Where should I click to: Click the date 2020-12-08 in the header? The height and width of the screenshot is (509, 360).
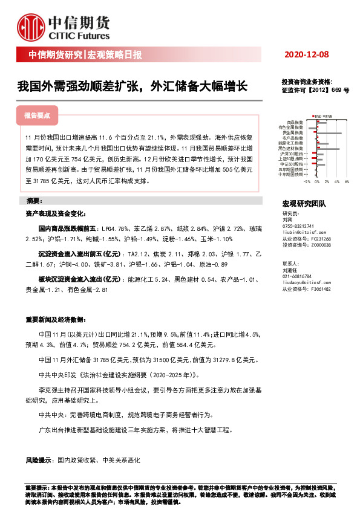tap(306, 56)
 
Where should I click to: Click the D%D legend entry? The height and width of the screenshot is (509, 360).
tap(316, 115)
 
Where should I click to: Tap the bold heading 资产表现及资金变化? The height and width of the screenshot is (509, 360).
tap(51, 213)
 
